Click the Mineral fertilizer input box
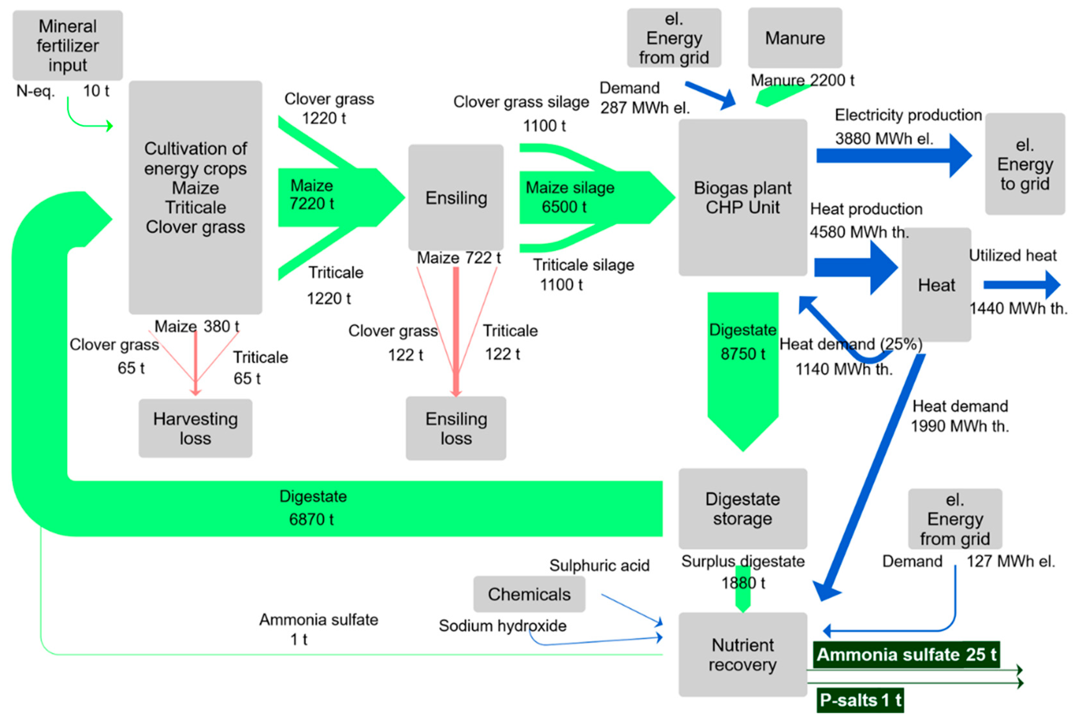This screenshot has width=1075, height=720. pyautogui.click(x=67, y=45)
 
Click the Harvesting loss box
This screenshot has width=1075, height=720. pyautogui.click(x=195, y=428)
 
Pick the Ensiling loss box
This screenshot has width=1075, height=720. pyautogui.click(x=456, y=428)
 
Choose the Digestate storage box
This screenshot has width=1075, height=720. pyautogui.click(x=742, y=508)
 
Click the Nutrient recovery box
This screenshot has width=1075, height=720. pyautogui.click(x=742, y=654)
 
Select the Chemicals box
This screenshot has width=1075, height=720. pyautogui.click(x=529, y=594)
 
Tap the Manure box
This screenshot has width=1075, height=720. pyautogui.click(x=795, y=38)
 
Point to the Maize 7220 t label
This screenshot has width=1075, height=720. pyautogui.click(x=312, y=195)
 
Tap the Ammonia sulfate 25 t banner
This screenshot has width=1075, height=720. pyautogui.click(x=906, y=654)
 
